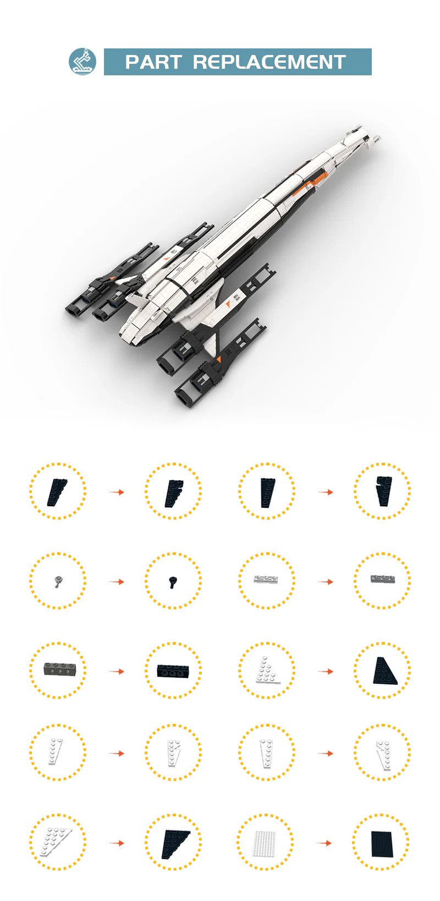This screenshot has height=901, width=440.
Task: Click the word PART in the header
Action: point(153,62)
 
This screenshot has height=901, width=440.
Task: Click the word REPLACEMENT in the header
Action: point(269,62)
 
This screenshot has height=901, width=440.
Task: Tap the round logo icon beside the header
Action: point(82,62)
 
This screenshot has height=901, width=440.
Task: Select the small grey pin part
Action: point(59,581)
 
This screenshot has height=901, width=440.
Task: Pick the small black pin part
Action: point(173,582)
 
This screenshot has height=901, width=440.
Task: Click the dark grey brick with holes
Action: point(58,669)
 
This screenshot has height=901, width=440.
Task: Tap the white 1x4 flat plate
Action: point(266,579)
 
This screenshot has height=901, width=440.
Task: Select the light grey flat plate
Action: point(382,579)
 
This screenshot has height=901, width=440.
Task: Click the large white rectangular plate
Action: point(265,843)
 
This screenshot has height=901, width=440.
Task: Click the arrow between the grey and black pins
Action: point(117,581)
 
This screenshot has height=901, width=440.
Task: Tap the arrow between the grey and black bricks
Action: point(117,671)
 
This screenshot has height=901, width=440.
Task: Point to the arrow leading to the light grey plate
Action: point(326,581)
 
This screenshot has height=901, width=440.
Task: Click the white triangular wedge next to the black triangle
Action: point(267,670)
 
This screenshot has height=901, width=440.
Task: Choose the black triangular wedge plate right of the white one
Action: point(384,671)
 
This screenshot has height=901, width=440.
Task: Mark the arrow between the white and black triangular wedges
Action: point(326,671)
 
